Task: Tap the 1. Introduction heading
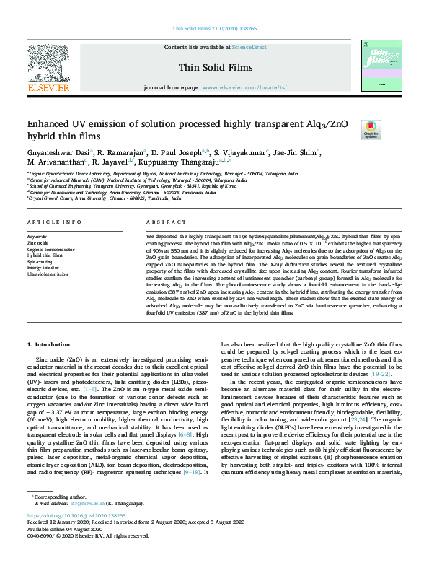click(x=53, y=345)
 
